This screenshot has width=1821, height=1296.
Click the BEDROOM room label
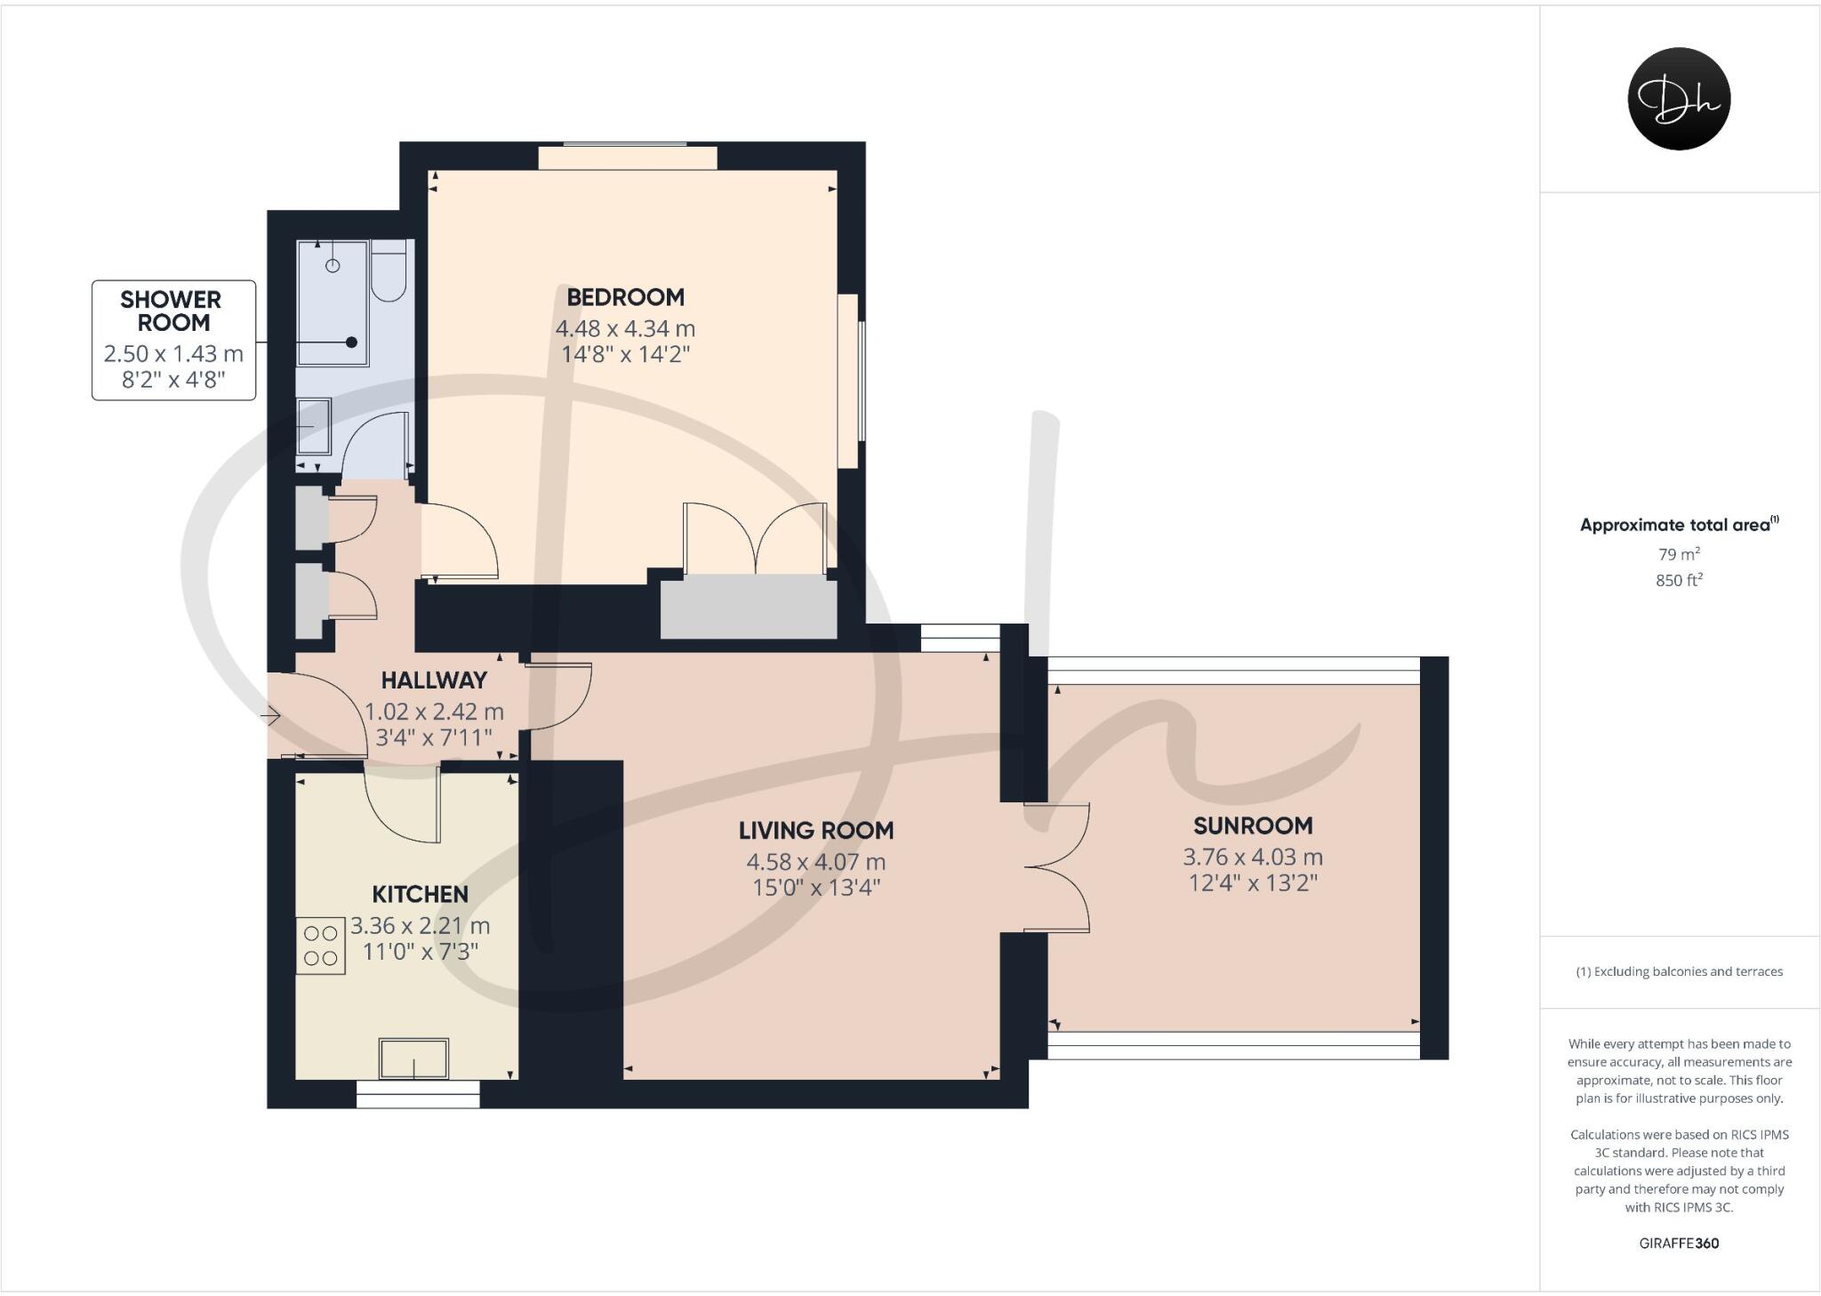625,297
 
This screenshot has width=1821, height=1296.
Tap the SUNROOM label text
1252,825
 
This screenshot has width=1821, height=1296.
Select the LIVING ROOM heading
815,831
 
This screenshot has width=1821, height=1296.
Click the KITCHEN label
420,894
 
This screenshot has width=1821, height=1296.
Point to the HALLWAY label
434,680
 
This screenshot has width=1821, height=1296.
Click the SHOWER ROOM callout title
171,311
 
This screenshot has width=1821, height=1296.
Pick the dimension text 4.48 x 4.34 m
625,328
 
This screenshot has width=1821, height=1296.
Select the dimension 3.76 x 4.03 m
1252,857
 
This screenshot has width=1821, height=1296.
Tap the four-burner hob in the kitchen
320,946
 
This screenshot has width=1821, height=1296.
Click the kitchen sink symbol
413,1058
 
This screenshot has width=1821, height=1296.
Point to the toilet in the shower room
389,271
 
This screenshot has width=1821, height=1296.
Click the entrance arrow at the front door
271,714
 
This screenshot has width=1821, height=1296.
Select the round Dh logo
1678,99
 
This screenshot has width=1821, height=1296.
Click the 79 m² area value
1679,554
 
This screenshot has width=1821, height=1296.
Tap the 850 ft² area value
1679,581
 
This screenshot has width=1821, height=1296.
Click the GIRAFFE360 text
1679,1244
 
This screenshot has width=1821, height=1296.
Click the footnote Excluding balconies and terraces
1679,971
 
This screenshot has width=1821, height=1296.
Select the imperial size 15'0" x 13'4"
815,888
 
